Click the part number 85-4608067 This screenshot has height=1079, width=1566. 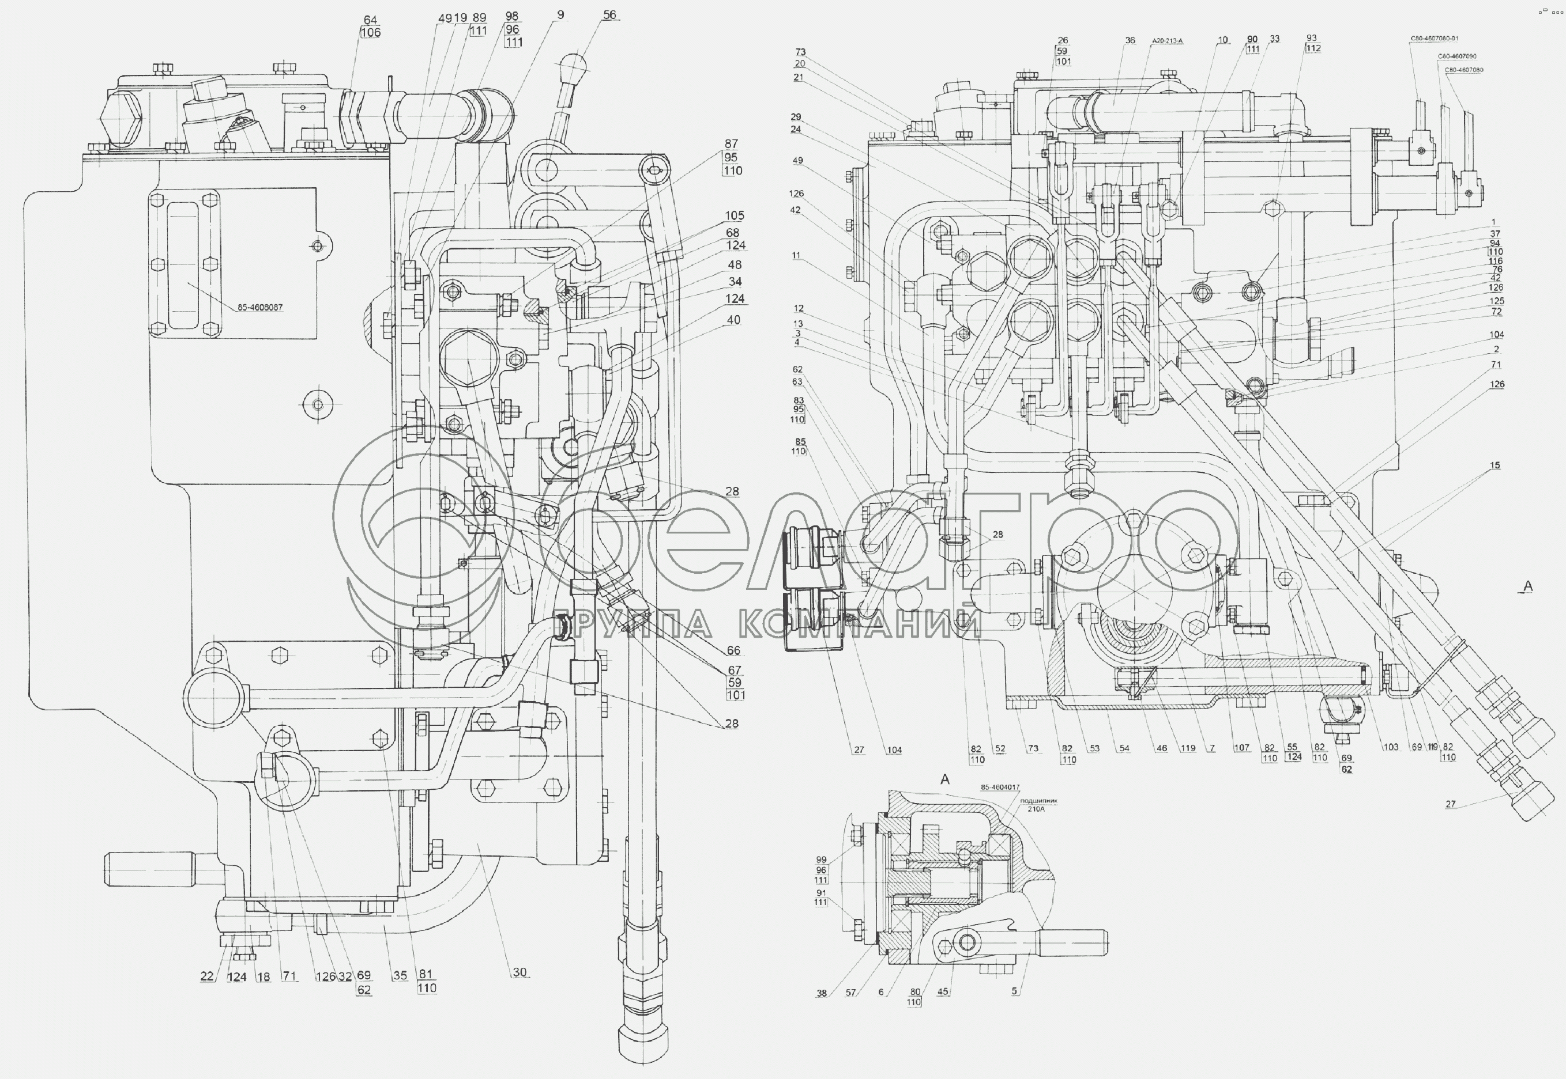point(260,308)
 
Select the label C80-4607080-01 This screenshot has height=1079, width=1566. point(1433,39)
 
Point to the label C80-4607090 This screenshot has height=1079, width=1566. point(1457,56)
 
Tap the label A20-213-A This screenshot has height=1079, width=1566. point(1168,41)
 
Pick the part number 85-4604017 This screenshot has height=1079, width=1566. point(1000,788)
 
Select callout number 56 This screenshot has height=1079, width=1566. point(609,15)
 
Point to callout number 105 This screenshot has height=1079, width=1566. point(734,215)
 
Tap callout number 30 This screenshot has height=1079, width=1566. point(519,972)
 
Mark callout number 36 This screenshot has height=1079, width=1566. point(1130,40)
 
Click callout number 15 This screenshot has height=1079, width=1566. point(1495,465)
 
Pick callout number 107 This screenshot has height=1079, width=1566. point(1241,748)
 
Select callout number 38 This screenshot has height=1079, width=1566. point(821,993)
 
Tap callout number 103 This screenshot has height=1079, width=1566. point(1390,747)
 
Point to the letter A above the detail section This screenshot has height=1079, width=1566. point(945,779)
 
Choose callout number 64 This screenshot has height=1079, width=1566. point(370,20)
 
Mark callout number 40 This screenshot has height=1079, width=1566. point(733,320)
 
